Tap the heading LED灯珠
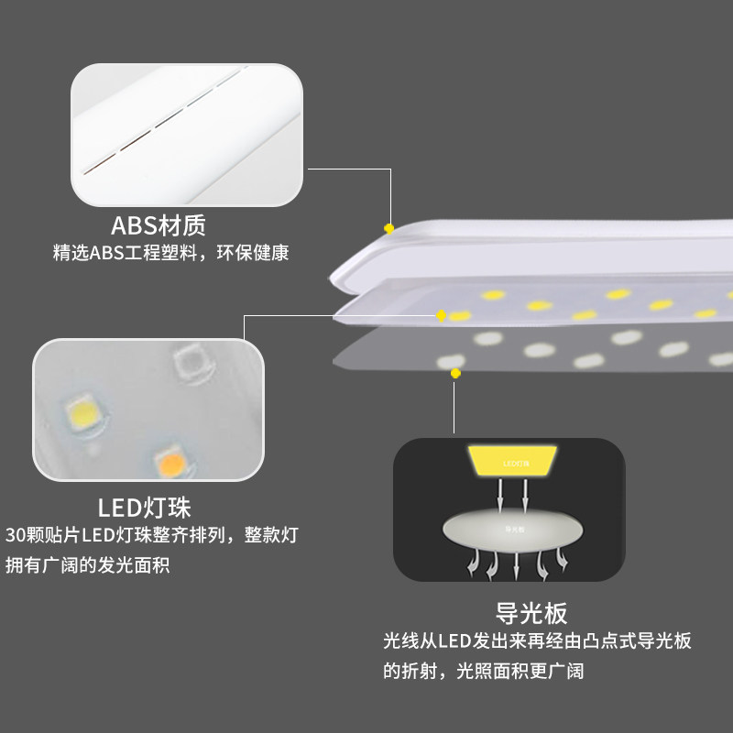[x=144, y=507]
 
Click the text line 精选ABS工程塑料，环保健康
[x=171, y=253]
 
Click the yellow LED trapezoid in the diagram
[x=513, y=461]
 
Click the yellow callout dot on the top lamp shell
[x=389, y=227]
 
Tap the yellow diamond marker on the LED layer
[x=441, y=315]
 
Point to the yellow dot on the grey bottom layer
[x=455, y=372]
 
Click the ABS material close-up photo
[x=187, y=135]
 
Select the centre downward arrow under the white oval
[x=517, y=565]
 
